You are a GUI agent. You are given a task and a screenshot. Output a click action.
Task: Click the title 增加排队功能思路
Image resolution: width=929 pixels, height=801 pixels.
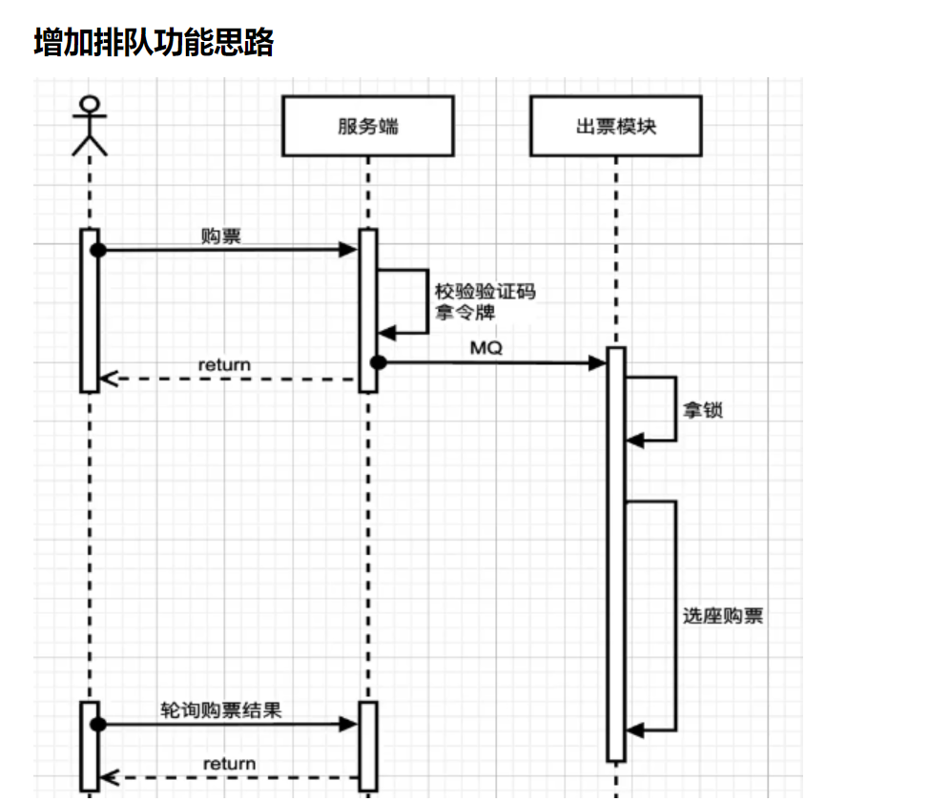pyautogui.click(x=154, y=42)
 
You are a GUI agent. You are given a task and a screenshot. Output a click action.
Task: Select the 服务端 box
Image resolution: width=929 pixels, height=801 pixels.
pyautogui.click(x=368, y=126)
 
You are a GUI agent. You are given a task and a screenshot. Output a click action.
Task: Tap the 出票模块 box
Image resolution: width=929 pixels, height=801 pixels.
pyautogui.click(x=616, y=126)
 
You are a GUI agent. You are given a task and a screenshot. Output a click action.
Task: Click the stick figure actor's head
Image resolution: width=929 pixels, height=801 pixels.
pyautogui.click(x=90, y=104)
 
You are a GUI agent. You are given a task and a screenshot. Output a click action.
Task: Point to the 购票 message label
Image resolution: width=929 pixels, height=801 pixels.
pyautogui.click(x=221, y=236)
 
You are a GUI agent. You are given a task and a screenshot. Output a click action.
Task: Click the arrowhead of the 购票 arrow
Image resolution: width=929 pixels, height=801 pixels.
pyautogui.click(x=348, y=250)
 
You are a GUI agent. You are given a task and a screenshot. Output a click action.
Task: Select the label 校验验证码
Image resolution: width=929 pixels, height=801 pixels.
pyautogui.click(x=485, y=292)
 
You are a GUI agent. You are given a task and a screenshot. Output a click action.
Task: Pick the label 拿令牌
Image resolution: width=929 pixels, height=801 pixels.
pyautogui.click(x=465, y=312)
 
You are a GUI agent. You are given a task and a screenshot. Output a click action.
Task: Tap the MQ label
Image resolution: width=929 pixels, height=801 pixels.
pyautogui.click(x=486, y=348)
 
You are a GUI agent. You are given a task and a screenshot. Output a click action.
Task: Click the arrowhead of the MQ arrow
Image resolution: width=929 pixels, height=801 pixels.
pyautogui.click(x=597, y=362)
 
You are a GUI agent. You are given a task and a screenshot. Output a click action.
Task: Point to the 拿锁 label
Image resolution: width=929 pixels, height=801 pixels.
pyautogui.click(x=703, y=410)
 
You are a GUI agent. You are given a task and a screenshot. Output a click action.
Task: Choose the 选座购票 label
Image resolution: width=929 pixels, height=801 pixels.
pyautogui.click(x=723, y=616)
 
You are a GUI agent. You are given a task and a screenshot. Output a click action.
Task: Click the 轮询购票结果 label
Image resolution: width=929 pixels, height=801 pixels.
pyautogui.click(x=221, y=709)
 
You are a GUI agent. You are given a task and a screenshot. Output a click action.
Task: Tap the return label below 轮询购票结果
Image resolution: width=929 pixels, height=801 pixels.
pyautogui.click(x=229, y=764)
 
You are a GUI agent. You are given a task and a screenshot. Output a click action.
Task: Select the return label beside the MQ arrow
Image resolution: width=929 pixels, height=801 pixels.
pyautogui.click(x=224, y=364)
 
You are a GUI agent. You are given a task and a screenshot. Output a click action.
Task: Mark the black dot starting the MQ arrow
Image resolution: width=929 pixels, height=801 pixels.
pyautogui.click(x=378, y=362)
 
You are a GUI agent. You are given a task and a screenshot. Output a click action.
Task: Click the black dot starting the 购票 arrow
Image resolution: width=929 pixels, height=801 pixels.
pyautogui.click(x=98, y=250)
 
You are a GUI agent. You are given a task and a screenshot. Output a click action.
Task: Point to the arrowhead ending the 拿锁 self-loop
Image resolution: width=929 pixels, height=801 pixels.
pyautogui.click(x=635, y=441)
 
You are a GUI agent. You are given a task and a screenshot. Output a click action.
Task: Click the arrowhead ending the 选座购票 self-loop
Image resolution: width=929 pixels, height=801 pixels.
pyautogui.click(x=635, y=730)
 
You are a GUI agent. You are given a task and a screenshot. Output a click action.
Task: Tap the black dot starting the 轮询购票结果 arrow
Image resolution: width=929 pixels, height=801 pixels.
pyautogui.click(x=98, y=724)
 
